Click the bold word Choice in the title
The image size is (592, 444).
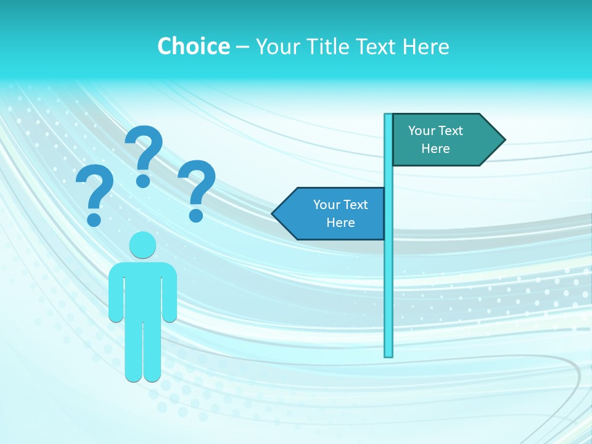(193, 46)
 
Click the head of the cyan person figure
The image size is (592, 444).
(142, 245)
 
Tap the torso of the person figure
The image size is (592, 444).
(142, 290)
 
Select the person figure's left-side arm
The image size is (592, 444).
(116, 296)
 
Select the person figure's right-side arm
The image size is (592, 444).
(170, 296)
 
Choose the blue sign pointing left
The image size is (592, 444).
(333, 213)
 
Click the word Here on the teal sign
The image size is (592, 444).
(435, 149)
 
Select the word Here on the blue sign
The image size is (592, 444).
(340, 223)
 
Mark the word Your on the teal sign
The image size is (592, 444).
(422, 131)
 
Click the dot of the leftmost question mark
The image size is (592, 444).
(94, 219)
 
